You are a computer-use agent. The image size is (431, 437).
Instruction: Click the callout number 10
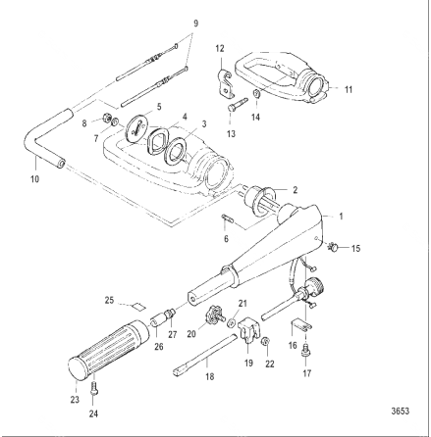point(34,179)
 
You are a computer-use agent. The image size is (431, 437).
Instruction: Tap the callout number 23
point(75,400)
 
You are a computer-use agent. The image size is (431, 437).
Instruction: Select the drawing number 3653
point(401,411)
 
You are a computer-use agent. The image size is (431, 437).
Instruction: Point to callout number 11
point(349,89)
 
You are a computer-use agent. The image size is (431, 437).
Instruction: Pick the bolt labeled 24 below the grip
point(94,389)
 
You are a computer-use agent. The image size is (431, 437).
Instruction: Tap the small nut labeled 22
point(265,342)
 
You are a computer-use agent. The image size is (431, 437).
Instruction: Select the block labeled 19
point(249,330)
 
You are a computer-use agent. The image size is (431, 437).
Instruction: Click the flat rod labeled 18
point(204,356)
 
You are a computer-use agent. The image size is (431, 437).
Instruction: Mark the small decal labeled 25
point(138,306)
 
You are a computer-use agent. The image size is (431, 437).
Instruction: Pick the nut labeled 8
point(106,117)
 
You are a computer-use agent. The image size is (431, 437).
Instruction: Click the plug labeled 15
point(334,248)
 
